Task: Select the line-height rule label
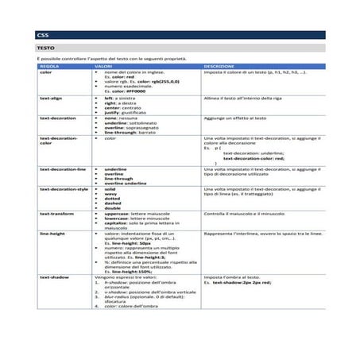52,234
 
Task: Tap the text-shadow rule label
54,278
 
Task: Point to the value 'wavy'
110,194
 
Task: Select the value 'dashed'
113,203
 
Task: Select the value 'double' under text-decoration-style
113,208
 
